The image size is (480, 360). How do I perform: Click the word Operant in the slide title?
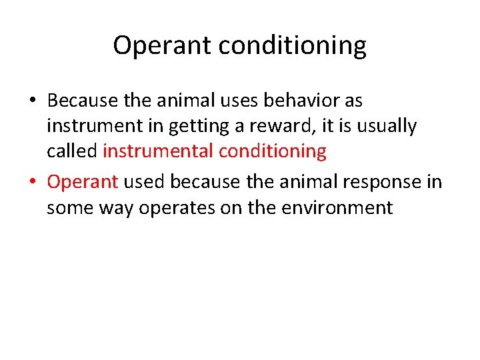click(155, 46)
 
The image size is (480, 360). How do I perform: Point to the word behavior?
click(301, 101)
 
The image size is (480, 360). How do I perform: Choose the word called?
click(72, 151)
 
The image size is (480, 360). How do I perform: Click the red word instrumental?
click(158, 151)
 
